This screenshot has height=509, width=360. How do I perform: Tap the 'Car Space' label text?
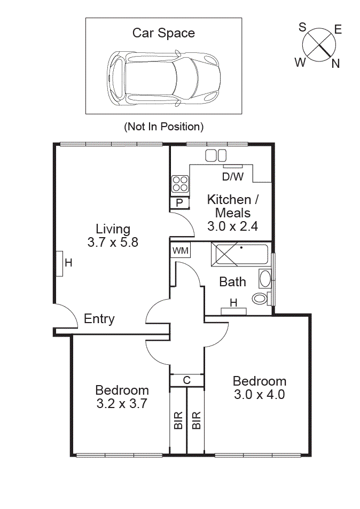coord(163,33)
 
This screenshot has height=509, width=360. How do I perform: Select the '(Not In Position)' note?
coord(163,127)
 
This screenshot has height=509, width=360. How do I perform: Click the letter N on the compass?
coord(335,64)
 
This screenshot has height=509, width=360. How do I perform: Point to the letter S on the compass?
coord(302,27)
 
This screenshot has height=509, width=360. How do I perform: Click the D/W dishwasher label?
coord(232,176)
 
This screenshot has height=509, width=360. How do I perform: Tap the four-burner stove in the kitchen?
coord(180,184)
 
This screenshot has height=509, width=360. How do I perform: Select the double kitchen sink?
coord(216,155)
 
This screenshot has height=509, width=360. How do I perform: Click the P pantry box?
coord(179,203)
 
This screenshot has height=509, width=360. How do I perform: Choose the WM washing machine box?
coord(180,250)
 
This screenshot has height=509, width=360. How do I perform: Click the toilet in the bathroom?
coord(261,298)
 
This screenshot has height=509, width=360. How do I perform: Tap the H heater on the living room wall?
coord(59,263)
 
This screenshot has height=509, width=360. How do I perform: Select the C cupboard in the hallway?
coord(186,380)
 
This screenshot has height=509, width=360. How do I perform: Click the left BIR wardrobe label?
coord(178,420)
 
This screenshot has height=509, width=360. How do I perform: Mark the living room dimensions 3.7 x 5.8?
coord(113,242)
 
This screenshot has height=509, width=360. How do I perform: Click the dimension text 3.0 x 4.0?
coord(259,395)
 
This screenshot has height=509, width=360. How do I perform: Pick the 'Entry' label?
coord(99,319)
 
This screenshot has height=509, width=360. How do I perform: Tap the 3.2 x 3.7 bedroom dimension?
coord(122,404)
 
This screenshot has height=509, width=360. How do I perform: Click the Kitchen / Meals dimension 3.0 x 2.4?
coord(232,226)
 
